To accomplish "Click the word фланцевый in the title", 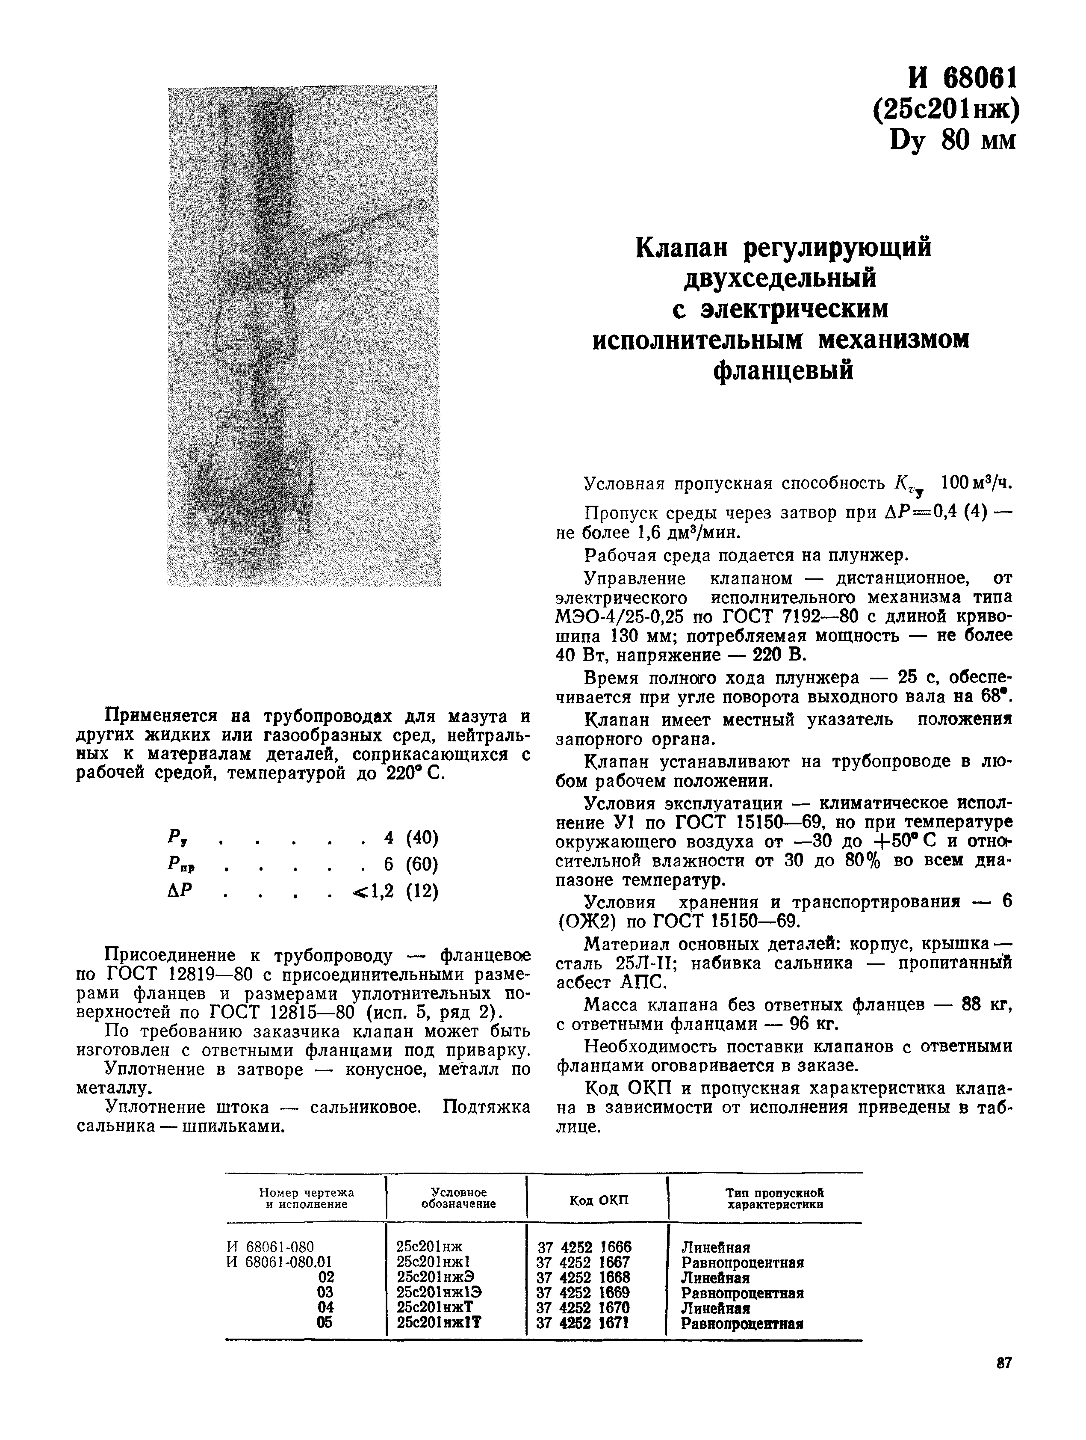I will (783, 370).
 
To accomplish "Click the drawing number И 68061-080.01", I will (279, 1262).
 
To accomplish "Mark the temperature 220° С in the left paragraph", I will (416, 774).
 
